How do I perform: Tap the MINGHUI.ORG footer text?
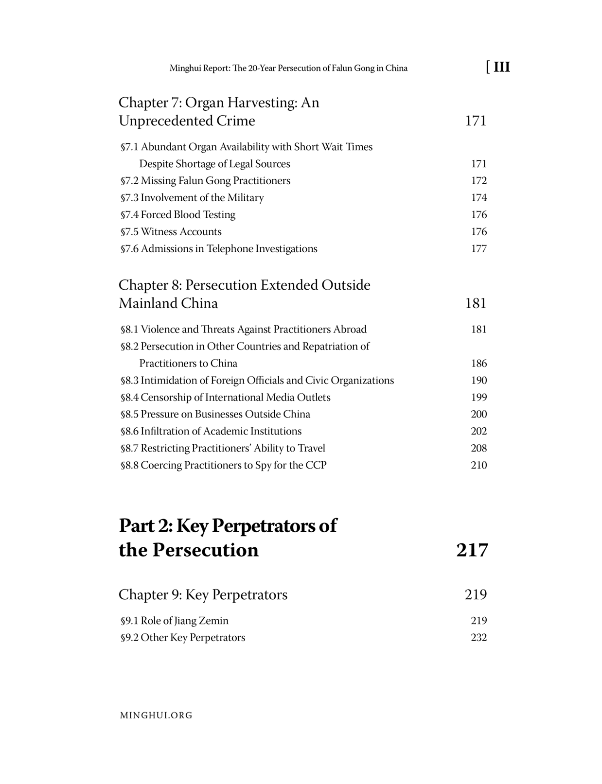click(156, 715)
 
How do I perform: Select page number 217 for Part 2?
click(472, 550)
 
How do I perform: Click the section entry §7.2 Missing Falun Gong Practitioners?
click(205, 181)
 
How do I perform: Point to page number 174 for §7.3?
click(478, 198)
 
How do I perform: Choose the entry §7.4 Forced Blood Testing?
click(178, 215)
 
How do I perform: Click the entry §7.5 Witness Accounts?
click(171, 232)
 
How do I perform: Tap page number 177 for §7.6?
click(478, 249)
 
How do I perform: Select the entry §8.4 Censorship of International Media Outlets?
click(226, 398)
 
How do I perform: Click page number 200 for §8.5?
click(478, 414)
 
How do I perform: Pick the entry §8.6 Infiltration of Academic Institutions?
click(211, 431)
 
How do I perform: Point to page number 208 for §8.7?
click(478, 448)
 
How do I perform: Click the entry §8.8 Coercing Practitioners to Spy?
click(224, 465)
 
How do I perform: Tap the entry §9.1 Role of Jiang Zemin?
click(175, 621)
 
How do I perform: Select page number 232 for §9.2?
click(478, 638)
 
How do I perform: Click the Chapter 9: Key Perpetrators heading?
click(203, 595)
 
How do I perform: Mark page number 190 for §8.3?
click(478, 380)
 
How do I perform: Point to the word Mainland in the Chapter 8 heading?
click(148, 303)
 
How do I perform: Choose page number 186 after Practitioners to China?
click(478, 364)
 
